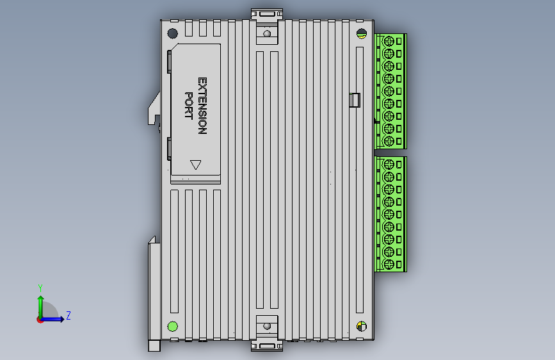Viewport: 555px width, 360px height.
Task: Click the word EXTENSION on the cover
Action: click(x=202, y=106)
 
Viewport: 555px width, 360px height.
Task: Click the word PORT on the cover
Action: click(x=189, y=106)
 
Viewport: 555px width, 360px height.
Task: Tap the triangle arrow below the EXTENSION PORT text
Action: click(x=196, y=165)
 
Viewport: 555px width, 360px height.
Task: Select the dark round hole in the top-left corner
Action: click(x=172, y=34)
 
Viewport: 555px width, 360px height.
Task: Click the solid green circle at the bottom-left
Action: click(x=172, y=327)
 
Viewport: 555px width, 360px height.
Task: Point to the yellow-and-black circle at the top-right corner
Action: click(x=361, y=34)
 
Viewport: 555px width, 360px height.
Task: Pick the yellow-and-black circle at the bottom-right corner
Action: click(x=361, y=327)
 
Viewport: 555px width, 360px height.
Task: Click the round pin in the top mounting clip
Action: click(x=267, y=34)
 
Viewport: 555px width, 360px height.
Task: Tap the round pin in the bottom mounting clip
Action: click(x=267, y=326)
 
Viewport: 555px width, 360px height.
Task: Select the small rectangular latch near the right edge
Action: click(x=355, y=100)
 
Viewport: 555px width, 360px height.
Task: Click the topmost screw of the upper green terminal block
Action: click(x=388, y=41)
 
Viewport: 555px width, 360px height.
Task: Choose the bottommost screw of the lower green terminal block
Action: click(x=388, y=264)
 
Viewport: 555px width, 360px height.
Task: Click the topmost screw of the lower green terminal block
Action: click(x=388, y=165)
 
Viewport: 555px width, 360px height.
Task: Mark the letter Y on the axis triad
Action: click(x=40, y=288)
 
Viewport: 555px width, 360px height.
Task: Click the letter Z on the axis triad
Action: click(x=68, y=315)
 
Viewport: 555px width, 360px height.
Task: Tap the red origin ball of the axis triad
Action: click(x=40, y=320)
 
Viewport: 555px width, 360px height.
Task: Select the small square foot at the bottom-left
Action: click(x=154, y=345)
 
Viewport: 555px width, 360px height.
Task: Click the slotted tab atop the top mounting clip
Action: click(x=267, y=13)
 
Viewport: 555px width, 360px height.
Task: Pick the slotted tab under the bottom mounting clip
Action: click(x=267, y=347)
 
